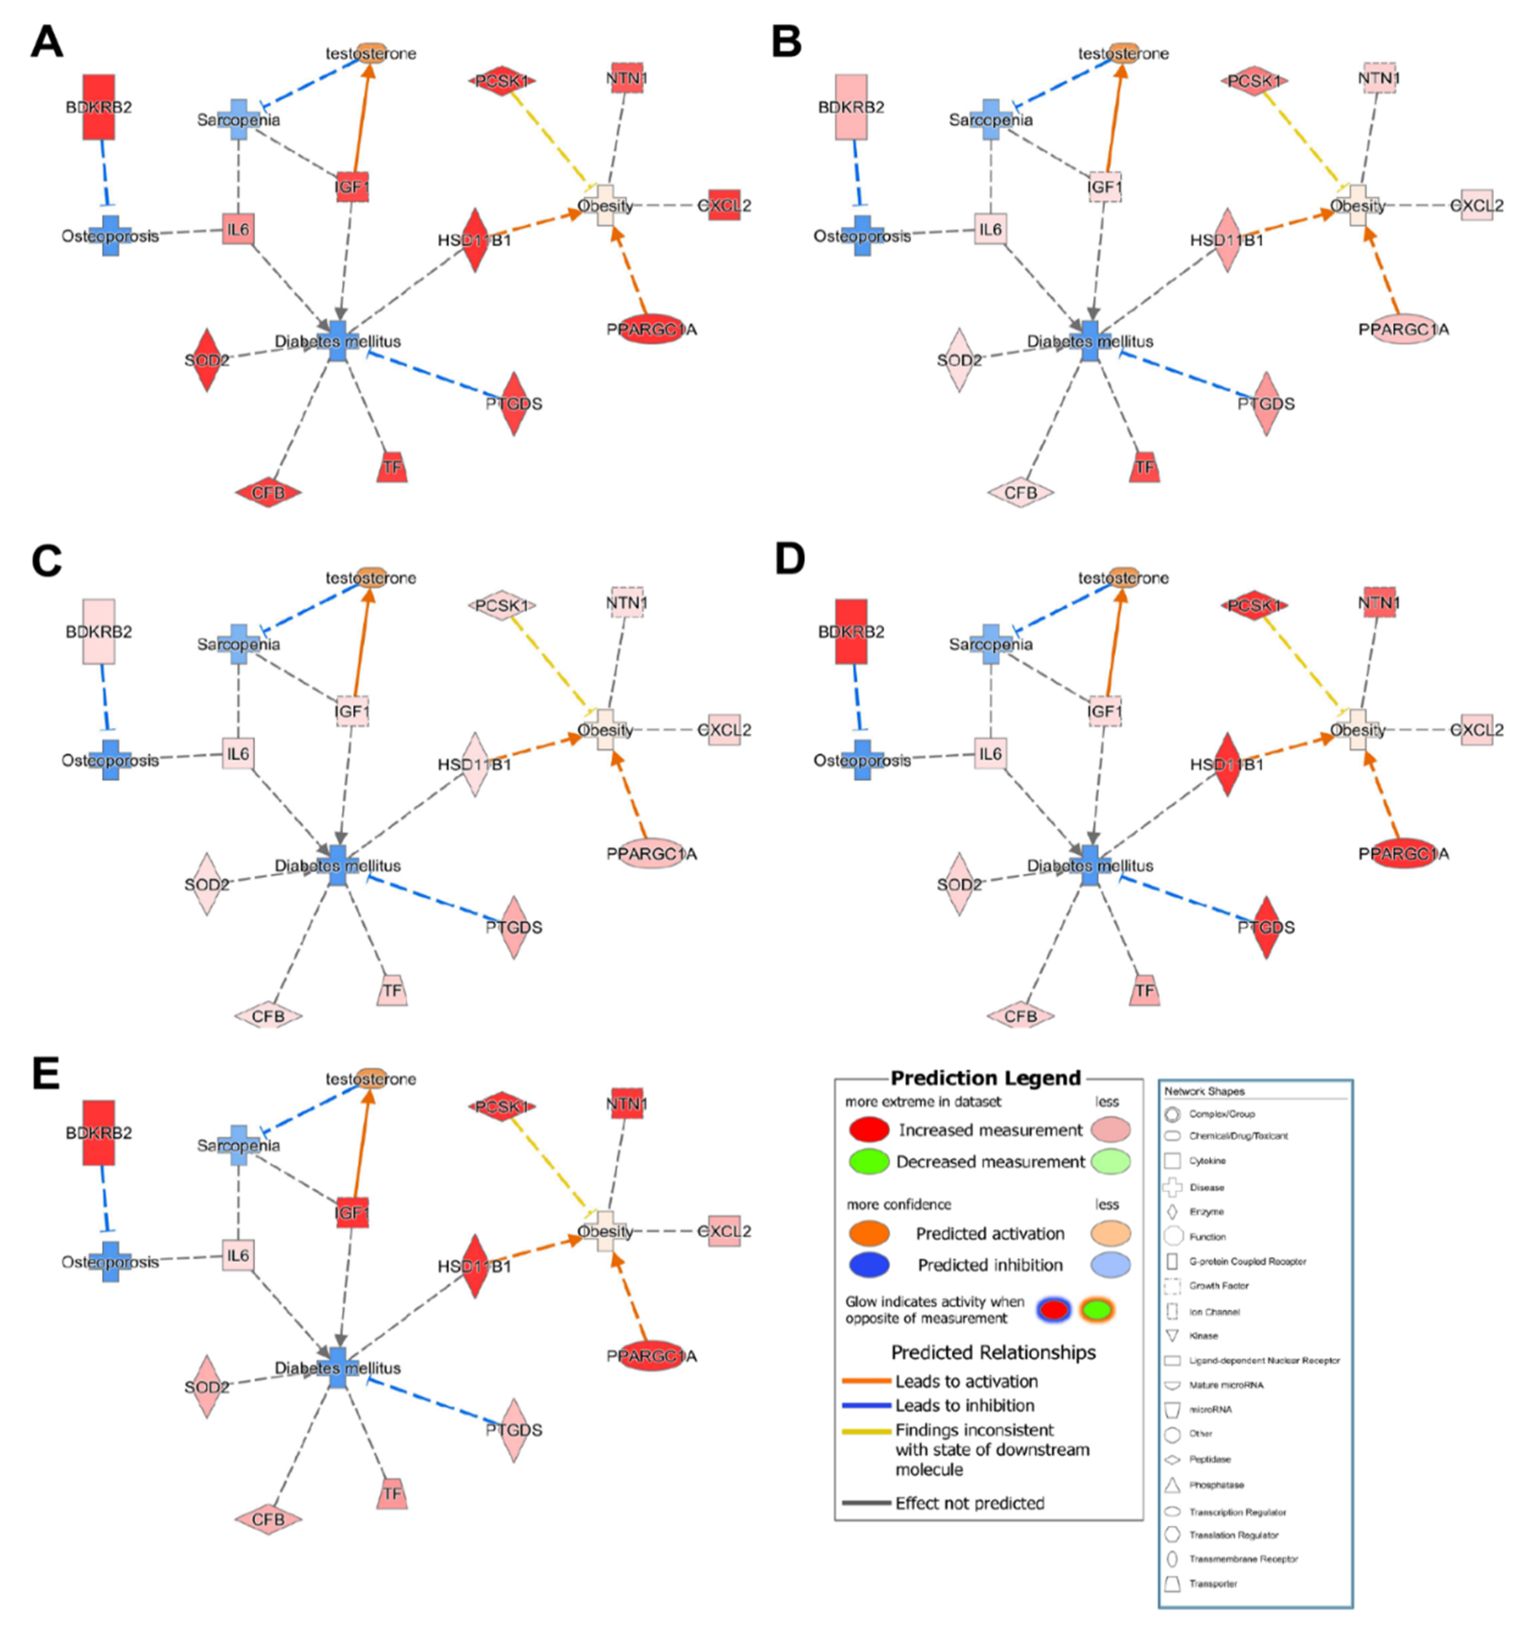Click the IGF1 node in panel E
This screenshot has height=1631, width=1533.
pyautogui.click(x=352, y=1213)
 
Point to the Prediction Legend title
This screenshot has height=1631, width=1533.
pyautogui.click(x=986, y=1078)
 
